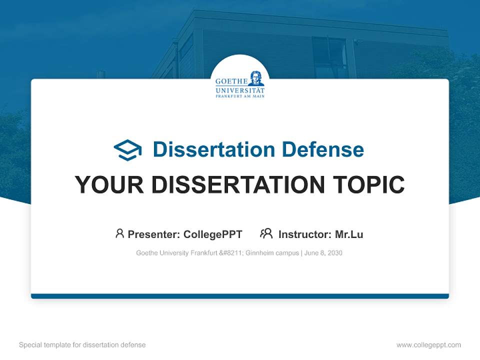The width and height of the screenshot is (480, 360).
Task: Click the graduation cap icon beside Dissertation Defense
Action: (x=127, y=149)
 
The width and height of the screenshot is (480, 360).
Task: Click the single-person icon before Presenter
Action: (x=119, y=233)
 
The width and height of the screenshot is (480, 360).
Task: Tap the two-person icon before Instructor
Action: (x=266, y=233)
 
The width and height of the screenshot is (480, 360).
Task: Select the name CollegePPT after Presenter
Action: (x=212, y=234)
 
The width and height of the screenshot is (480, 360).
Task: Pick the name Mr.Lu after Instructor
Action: (x=349, y=234)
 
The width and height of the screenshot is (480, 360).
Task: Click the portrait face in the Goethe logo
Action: (x=256, y=78)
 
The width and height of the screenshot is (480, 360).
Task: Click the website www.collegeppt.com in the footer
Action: (x=428, y=345)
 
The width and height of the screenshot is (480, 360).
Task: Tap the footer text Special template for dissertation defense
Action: (x=82, y=345)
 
